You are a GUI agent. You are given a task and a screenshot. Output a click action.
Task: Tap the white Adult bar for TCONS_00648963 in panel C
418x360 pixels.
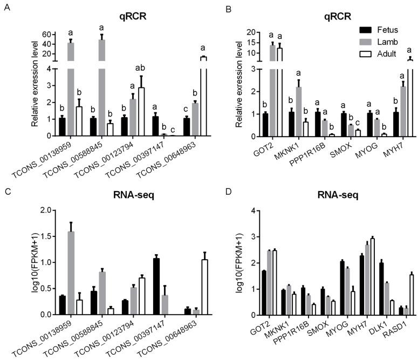pos(204,287)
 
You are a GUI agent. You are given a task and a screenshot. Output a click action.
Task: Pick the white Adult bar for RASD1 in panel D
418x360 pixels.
pos(396,294)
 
